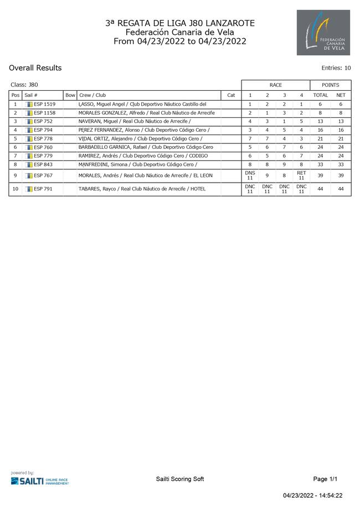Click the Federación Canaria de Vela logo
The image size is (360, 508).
pos(323,32)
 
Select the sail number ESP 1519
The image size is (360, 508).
pos(44,104)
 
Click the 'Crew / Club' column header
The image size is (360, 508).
pos(92,95)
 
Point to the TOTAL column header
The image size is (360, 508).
pos(321,95)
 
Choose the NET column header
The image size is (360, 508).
pos(341,95)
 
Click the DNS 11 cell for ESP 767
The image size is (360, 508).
pos(250,175)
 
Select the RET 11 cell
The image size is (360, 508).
pos(301,175)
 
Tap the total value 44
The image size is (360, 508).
pos(321,189)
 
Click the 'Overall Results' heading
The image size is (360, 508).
pos(35,68)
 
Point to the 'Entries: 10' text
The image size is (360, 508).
pos(336,69)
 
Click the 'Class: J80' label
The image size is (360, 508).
pos(24,85)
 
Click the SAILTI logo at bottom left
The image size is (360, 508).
pos(39,479)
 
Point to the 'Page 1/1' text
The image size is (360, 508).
pos(325,479)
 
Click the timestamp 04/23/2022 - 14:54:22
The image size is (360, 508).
pos(313,496)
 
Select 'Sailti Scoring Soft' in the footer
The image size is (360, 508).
pos(180,479)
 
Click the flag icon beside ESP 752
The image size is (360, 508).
pos(29,121)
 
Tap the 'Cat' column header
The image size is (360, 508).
pos(231,95)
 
